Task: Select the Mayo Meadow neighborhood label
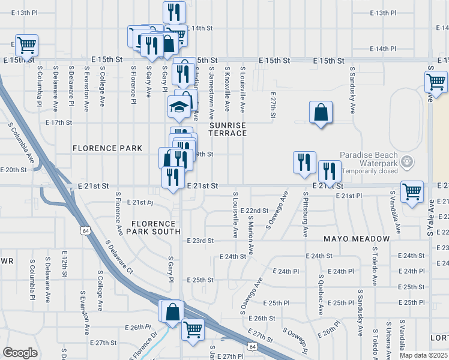[x=357, y=239]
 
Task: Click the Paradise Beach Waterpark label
[x=368, y=158]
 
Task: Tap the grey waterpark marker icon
[x=408, y=161]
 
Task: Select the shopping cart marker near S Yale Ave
[x=436, y=81]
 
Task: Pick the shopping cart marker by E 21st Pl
[x=412, y=192]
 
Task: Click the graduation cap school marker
[x=178, y=106]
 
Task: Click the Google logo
[x=20, y=352]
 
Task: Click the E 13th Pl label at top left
[x=23, y=13]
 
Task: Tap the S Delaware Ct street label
[x=118, y=256]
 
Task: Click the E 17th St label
[x=59, y=122]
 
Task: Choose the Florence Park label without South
[x=107, y=148]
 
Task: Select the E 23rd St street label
[x=200, y=241]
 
